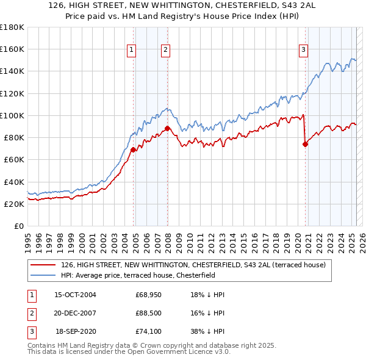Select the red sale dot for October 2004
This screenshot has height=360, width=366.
(133, 149)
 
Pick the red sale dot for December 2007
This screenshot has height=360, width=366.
(167, 128)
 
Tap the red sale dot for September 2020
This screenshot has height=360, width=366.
(305, 144)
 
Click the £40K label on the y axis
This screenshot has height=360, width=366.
(14, 182)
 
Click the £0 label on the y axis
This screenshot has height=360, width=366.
(19, 226)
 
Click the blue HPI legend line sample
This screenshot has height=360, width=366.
(44, 275)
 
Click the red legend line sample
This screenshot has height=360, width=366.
(44, 265)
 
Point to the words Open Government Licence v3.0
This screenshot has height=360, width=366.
(183, 352)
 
